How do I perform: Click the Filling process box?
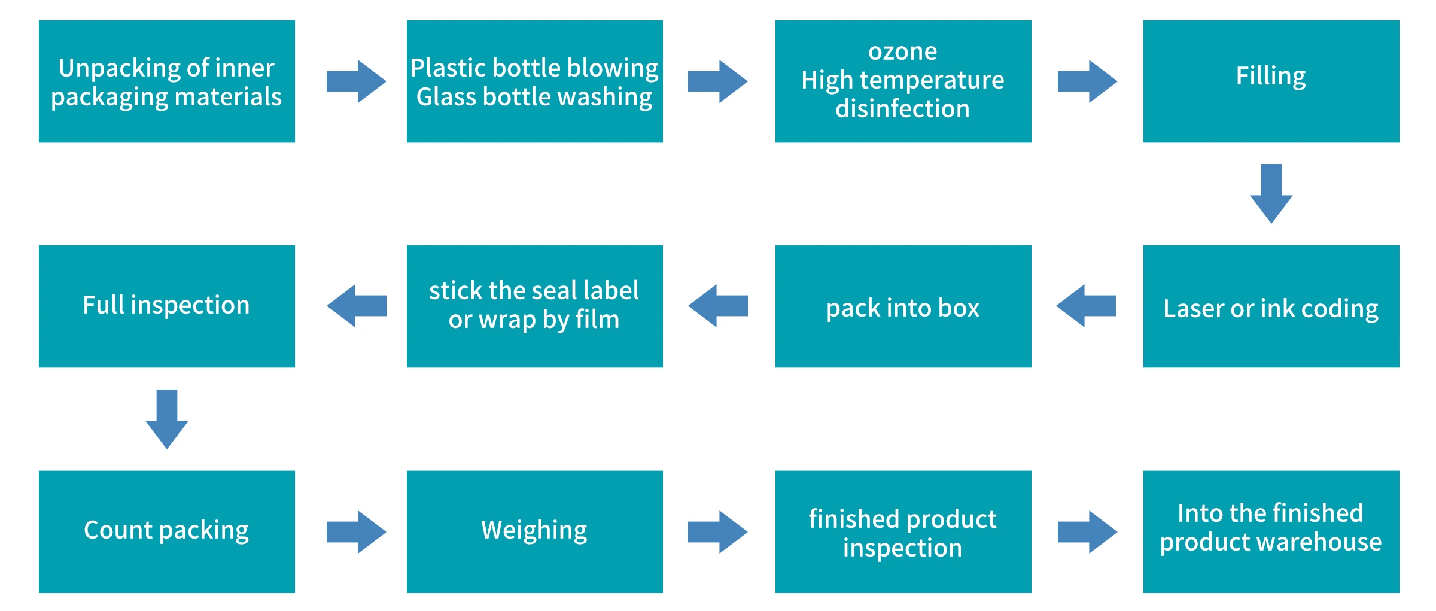coord(1271,81)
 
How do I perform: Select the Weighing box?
coord(534,531)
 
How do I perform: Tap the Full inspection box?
coord(166,306)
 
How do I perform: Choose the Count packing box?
coord(166,531)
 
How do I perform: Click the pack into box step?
coord(903,306)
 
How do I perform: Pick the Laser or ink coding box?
coord(1271,306)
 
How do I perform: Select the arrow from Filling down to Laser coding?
coord(1271,193)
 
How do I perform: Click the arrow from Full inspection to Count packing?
coord(167,419)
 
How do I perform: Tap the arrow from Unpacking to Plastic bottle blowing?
coord(356,81)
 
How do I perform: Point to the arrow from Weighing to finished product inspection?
coord(717,531)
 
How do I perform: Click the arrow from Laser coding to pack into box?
coord(1086,306)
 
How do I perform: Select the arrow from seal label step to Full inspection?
coord(357,306)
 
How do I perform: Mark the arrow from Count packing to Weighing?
coord(356,531)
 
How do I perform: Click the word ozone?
coord(902,52)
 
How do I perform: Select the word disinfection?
coord(902,109)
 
